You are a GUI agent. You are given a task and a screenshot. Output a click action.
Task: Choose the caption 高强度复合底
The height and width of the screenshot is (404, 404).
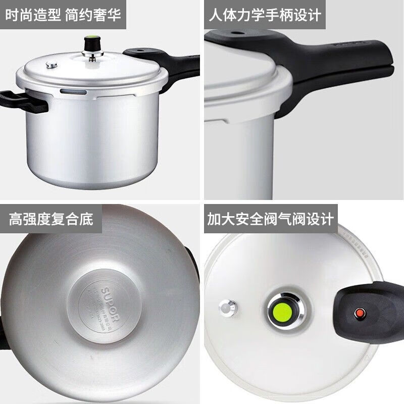point(50,219)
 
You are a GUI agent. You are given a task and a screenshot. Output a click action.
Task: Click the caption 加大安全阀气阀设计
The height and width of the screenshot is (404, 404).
point(271,219)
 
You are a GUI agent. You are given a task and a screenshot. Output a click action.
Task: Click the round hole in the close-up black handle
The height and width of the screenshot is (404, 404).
point(235,33)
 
